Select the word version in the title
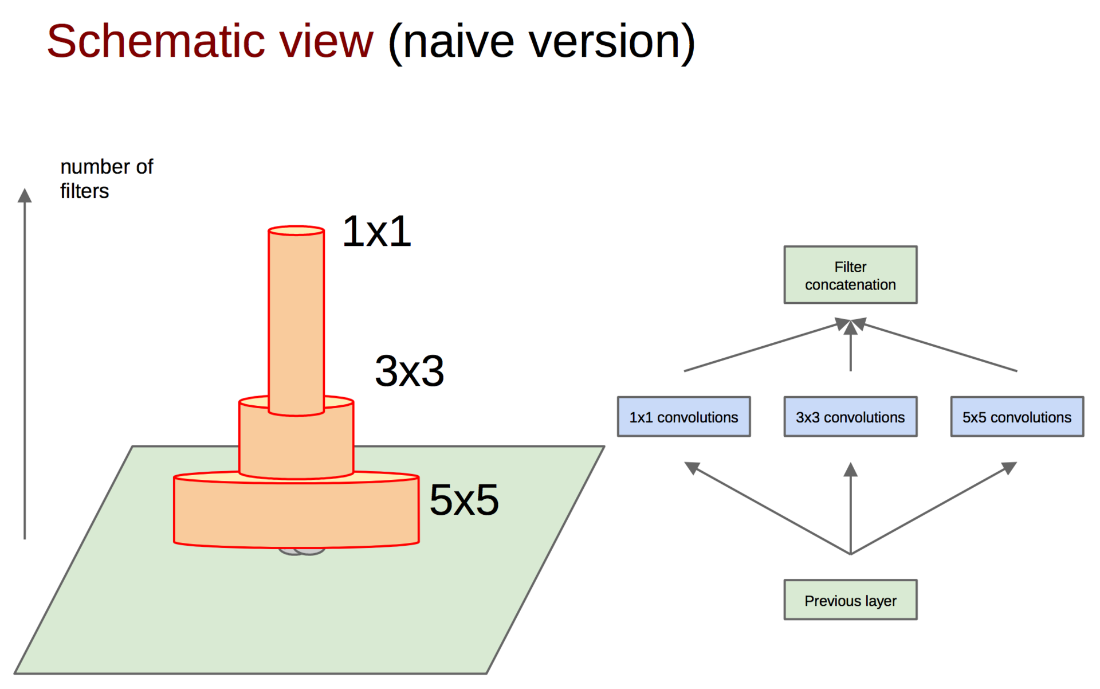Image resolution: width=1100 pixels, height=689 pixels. pos(604,41)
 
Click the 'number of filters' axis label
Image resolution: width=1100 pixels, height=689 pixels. pos(106,178)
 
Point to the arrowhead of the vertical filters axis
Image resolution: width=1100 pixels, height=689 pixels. pos(25,195)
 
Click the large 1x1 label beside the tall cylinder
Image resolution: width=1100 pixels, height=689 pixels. pos(376,232)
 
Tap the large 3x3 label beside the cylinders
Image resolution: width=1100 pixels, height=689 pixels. pos(409,371)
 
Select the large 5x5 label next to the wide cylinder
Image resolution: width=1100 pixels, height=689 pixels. pos(464,500)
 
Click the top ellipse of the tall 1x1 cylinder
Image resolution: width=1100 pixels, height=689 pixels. pos(296,230)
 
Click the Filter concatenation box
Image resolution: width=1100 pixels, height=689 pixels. pos(850,275)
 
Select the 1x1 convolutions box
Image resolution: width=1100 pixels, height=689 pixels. pos(683,417)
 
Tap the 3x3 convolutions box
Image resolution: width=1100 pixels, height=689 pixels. pos(850,417)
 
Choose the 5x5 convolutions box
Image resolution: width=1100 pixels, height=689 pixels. pos(1017,417)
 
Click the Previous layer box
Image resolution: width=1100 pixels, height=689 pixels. pos(850,600)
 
